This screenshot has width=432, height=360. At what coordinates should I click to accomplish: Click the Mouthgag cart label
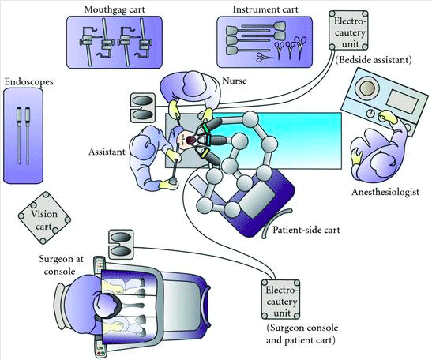(x=115, y=9)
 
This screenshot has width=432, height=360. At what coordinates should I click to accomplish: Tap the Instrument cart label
(x=265, y=9)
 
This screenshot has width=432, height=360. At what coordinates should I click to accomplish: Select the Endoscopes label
(x=29, y=82)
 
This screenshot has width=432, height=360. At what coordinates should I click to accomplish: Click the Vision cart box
(x=44, y=218)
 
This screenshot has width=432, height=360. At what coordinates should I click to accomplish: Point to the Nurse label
(x=235, y=81)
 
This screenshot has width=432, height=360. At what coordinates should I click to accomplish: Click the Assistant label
(x=107, y=152)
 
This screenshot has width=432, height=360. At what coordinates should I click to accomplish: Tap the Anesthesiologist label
(x=385, y=192)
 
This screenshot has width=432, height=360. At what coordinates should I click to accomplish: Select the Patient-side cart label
(x=306, y=230)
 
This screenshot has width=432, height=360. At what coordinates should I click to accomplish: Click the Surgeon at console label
(x=61, y=265)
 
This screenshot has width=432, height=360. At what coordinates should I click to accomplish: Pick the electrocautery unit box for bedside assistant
(x=348, y=30)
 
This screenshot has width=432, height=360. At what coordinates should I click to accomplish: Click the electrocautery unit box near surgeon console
(x=280, y=299)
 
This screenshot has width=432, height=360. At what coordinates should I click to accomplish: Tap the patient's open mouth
(x=190, y=140)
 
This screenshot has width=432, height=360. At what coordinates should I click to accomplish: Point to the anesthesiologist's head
(x=381, y=164)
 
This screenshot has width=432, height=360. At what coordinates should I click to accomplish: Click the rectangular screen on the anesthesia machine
(x=402, y=101)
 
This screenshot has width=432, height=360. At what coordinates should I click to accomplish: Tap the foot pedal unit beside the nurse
(x=142, y=107)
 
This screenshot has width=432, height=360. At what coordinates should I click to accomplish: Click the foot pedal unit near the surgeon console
(x=121, y=245)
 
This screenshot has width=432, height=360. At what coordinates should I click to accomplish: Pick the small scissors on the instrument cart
(x=265, y=58)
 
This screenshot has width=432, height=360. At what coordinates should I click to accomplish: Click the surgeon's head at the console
(x=107, y=306)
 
